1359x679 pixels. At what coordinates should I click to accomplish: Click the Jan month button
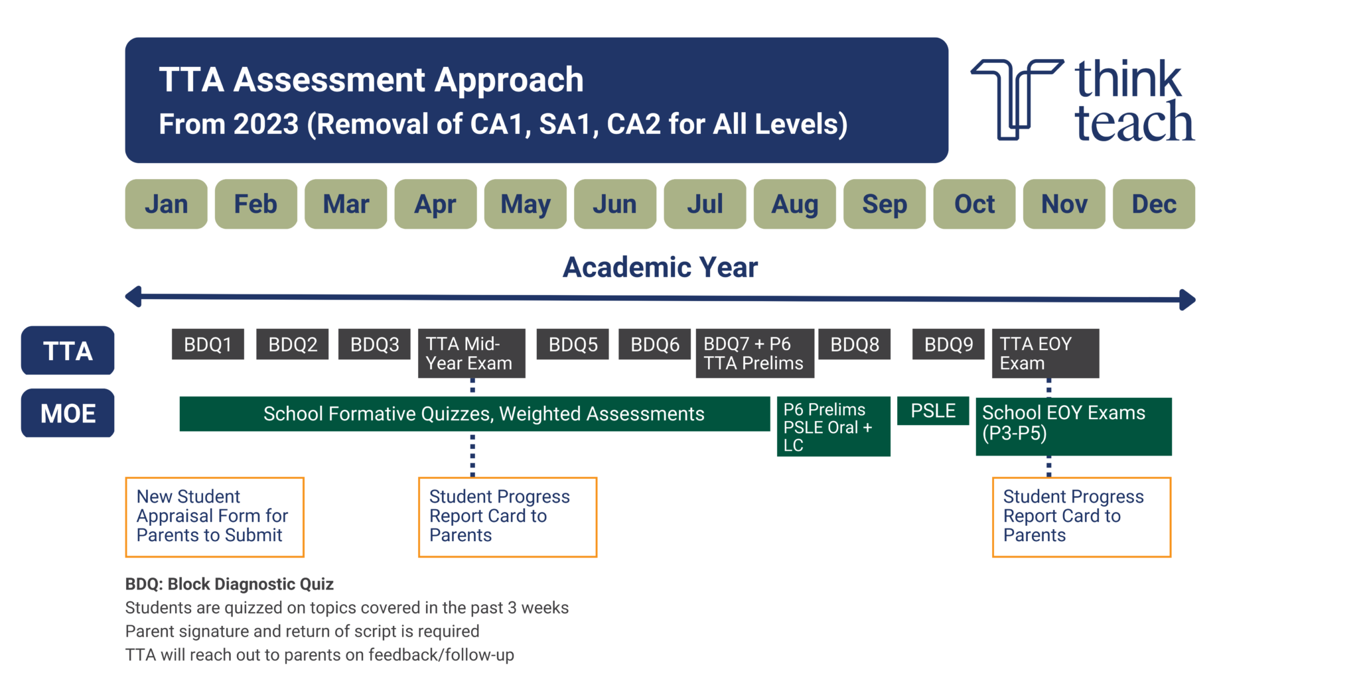[x=166, y=204]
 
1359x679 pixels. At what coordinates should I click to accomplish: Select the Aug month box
[x=794, y=204]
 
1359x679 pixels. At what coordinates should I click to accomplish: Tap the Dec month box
[x=1153, y=204]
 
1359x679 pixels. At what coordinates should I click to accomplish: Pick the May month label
[x=525, y=204]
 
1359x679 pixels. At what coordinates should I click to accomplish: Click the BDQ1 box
[x=208, y=344]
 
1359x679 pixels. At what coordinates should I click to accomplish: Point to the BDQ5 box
[x=573, y=344]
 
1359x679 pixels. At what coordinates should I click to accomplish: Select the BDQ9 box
[x=948, y=344]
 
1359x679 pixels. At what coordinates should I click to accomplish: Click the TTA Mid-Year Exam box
[x=471, y=353]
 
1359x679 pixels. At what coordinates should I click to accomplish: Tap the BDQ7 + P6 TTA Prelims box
[x=754, y=353]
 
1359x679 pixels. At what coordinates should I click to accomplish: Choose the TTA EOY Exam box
[x=1045, y=353]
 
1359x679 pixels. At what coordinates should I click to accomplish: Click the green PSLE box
[x=933, y=411]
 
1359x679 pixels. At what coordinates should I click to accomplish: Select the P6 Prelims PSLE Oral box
[x=833, y=427]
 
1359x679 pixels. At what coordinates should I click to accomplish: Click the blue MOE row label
[x=68, y=413]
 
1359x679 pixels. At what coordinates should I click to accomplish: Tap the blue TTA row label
[x=68, y=351]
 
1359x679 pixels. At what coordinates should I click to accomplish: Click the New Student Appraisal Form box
[x=214, y=517]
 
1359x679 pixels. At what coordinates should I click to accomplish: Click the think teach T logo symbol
[x=1016, y=99]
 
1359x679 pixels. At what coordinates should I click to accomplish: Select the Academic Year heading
[x=660, y=267]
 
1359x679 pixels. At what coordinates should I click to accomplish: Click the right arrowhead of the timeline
[x=1188, y=300]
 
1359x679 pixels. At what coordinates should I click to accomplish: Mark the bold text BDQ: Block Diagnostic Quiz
[x=229, y=584]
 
